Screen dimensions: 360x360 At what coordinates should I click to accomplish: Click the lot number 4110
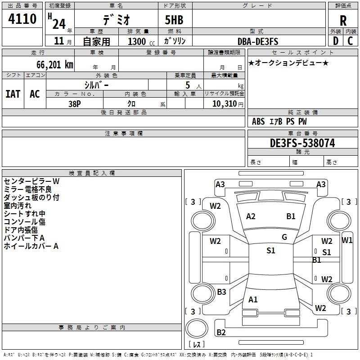[22, 18]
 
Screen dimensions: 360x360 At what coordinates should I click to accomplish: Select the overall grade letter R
[343, 21]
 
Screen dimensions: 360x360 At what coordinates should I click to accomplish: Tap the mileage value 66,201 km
[55, 65]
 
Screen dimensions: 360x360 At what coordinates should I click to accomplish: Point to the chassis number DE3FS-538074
[302, 143]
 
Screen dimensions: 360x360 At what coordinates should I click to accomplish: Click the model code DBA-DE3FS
[258, 41]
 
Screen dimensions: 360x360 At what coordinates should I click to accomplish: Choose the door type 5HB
[174, 20]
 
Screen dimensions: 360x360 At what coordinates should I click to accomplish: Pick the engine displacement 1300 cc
[141, 41]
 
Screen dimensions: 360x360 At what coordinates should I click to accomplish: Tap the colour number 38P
[75, 104]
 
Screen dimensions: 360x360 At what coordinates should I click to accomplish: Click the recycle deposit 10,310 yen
[228, 104]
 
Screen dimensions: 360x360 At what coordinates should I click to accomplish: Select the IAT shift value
[13, 94]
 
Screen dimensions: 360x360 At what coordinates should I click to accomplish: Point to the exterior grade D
[336, 41]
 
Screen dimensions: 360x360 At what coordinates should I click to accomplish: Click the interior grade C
[350, 41]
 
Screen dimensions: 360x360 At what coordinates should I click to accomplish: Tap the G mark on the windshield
[284, 237]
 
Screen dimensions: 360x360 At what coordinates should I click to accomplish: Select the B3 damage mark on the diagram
[221, 292]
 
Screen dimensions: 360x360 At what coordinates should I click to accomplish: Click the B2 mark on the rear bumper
[221, 332]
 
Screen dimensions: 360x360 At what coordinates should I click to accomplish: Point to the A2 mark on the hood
[251, 216]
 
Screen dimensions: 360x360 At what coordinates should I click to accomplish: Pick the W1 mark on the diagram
[347, 240]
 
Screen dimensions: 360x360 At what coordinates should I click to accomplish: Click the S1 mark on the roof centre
[271, 251]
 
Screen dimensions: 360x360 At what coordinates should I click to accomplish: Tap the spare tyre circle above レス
[197, 328]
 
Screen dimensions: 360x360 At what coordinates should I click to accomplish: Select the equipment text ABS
[258, 121]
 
